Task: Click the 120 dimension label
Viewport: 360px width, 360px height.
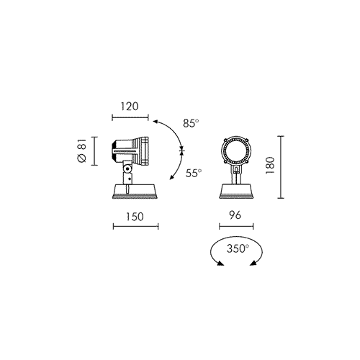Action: click(x=130, y=107)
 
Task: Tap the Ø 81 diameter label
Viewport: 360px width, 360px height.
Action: click(x=82, y=150)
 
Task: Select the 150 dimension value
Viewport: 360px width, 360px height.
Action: click(x=135, y=217)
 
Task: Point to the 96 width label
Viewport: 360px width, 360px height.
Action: click(x=235, y=215)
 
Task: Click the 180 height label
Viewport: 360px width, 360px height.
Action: click(x=270, y=166)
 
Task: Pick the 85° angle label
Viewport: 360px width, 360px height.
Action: click(x=191, y=123)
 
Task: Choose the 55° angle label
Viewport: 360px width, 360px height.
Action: click(x=194, y=173)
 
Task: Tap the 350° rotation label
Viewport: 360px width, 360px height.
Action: click(x=238, y=248)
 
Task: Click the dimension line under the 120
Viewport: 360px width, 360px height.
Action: click(x=130, y=117)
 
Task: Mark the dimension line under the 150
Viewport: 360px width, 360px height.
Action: click(x=135, y=226)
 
